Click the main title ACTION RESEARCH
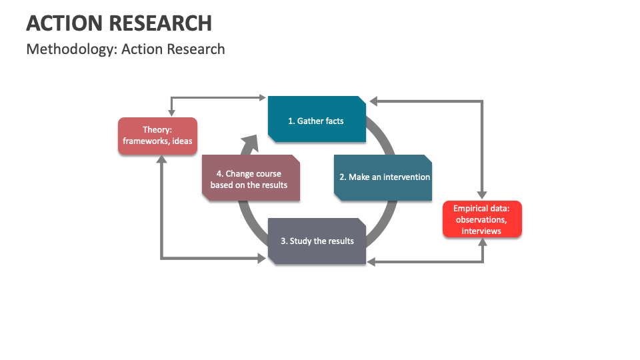tap(119, 23)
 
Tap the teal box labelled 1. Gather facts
tap(317, 120)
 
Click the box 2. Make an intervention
tap(383, 177)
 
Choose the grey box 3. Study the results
tap(317, 241)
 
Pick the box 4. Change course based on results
tap(251, 178)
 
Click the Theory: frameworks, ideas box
tap(157, 135)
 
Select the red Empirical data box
tap(482, 219)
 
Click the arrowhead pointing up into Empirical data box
tap(483, 242)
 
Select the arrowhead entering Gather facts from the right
tap(373, 101)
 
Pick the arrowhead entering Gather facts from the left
tap(262, 97)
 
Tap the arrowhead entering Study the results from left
tap(262, 257)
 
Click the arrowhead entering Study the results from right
tap(372, 262)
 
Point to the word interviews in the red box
tap(481, 231)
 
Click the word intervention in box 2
tap(407, 177)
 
